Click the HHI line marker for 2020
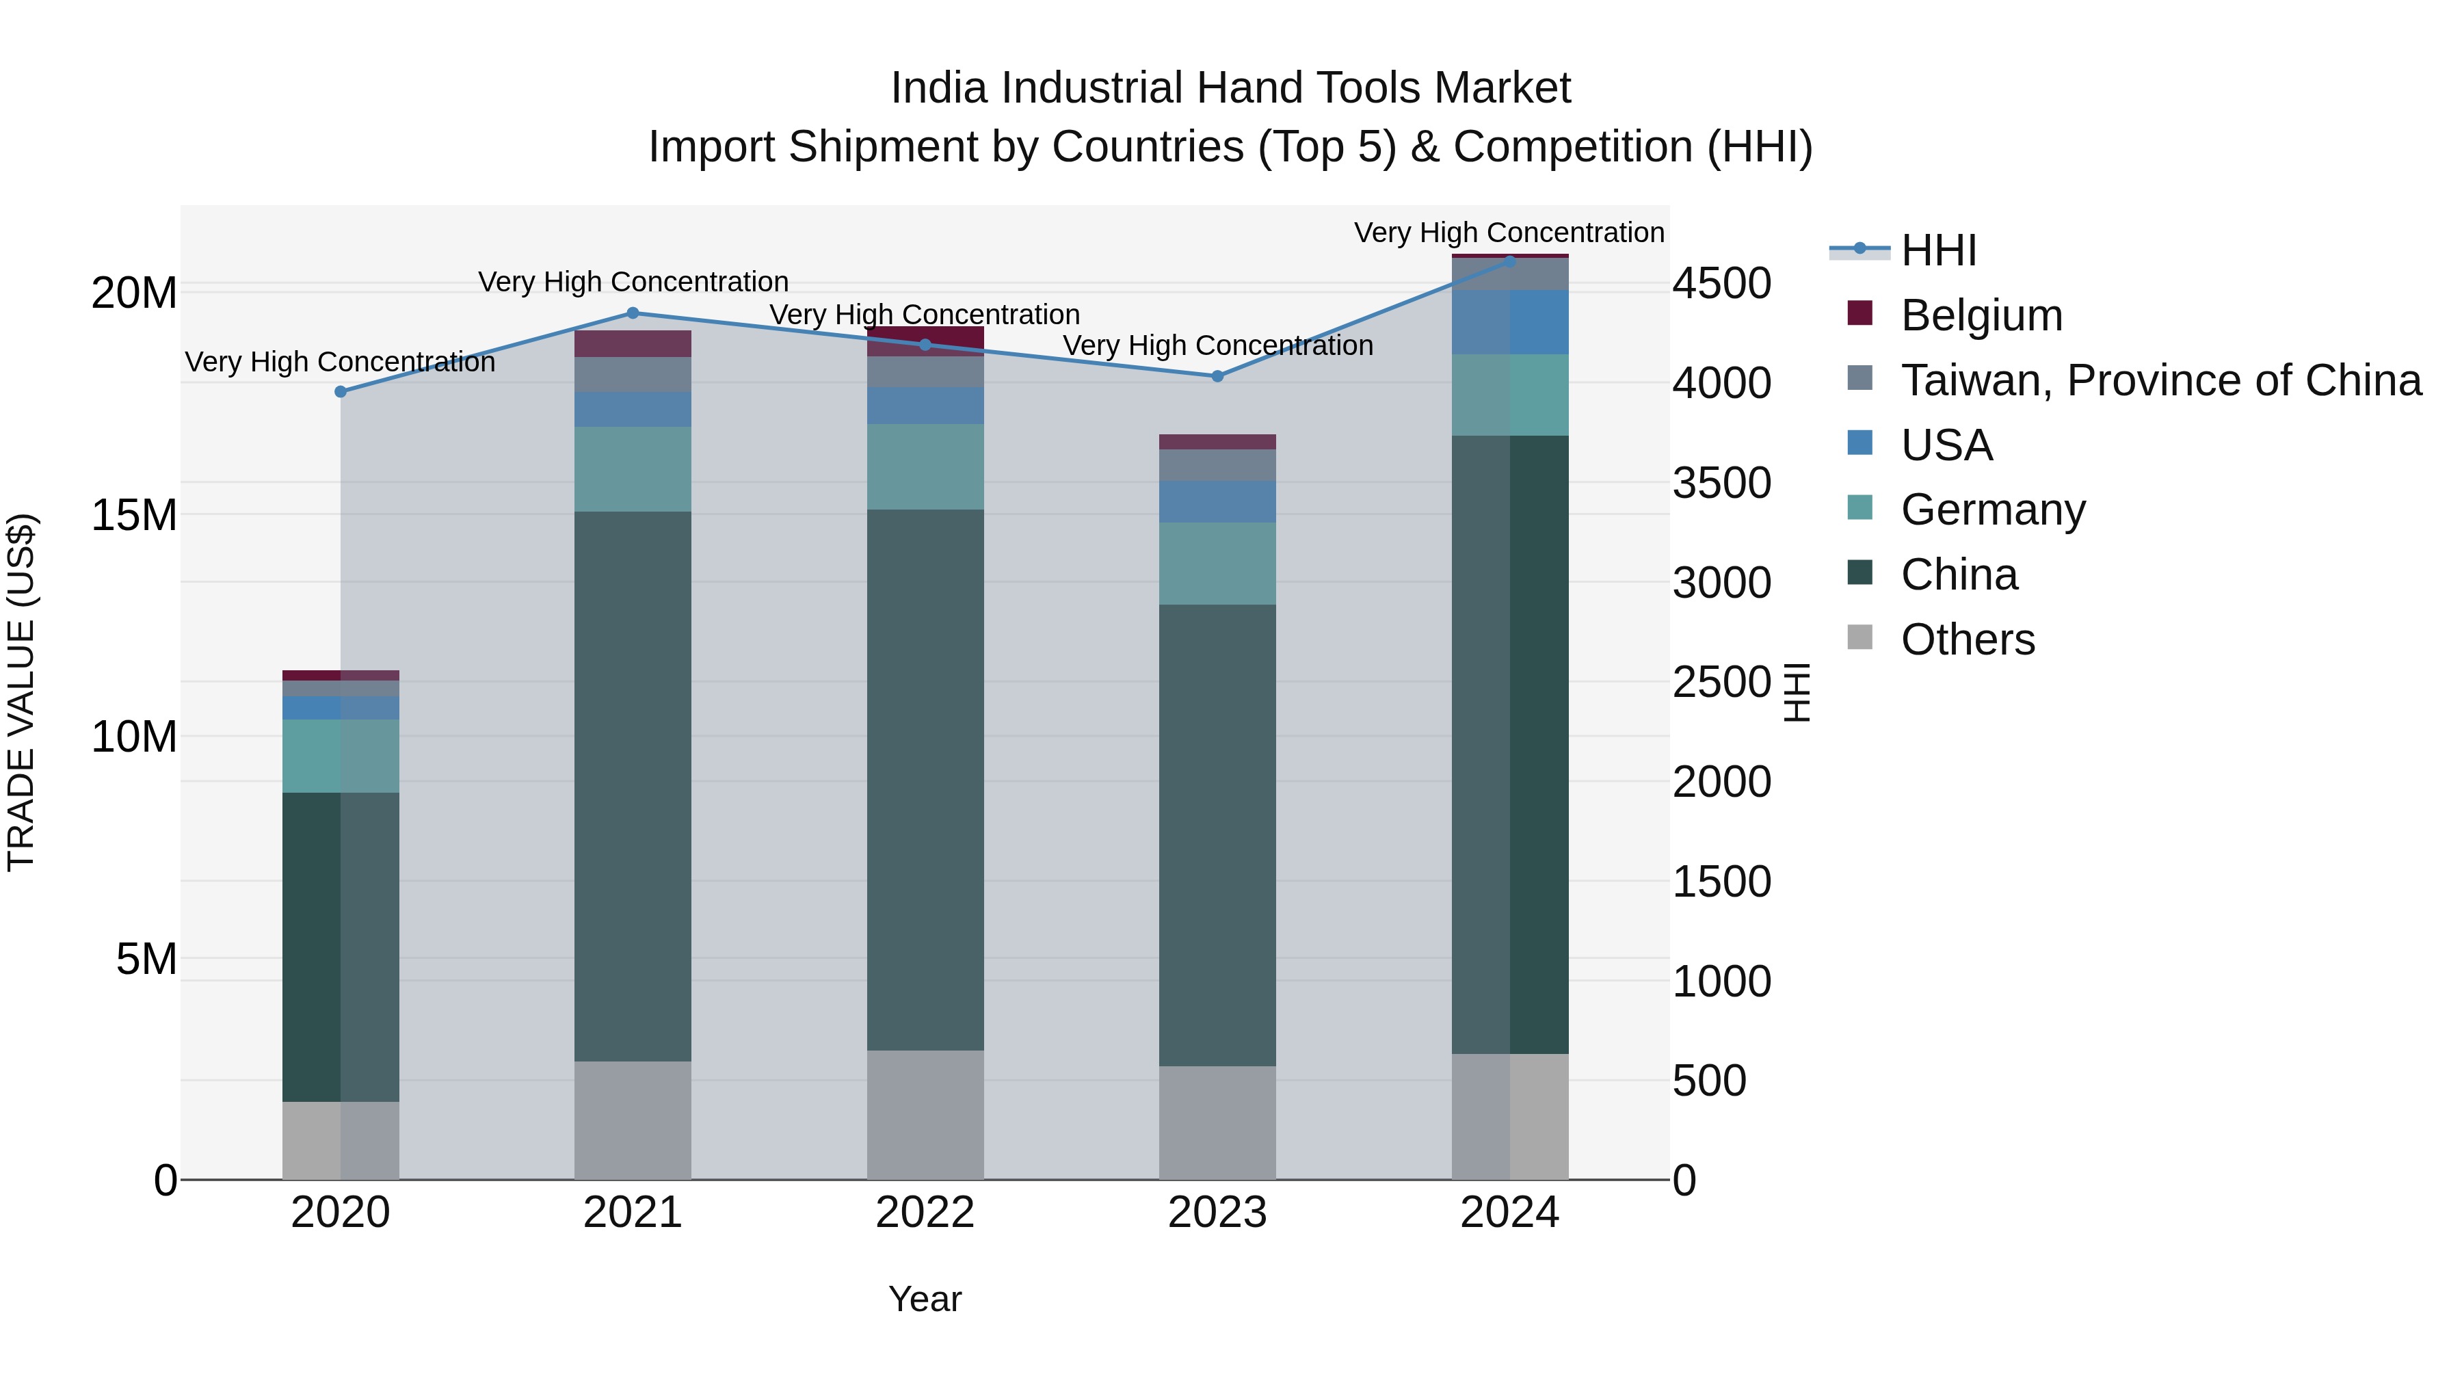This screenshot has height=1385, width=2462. click(341, 392)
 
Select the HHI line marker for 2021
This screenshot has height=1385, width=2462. click(633, 313)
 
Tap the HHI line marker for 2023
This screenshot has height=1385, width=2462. click(1217, 377)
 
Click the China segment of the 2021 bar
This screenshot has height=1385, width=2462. click(633, 786)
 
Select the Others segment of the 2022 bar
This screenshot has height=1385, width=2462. click(925, 1115)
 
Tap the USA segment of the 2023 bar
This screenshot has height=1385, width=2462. click(1217, 502)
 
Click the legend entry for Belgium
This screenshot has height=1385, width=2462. click(1981, 315)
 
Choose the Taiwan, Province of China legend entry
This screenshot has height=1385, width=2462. click(2160, 380)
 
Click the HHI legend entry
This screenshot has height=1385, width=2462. click(1937, 250)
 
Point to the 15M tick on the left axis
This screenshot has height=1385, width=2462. click(134, 515)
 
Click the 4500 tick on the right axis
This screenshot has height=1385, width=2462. click(1721, 284)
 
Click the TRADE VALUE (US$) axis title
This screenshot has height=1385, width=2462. click(21, 692)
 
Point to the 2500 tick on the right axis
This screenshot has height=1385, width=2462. click(1721, 683)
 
